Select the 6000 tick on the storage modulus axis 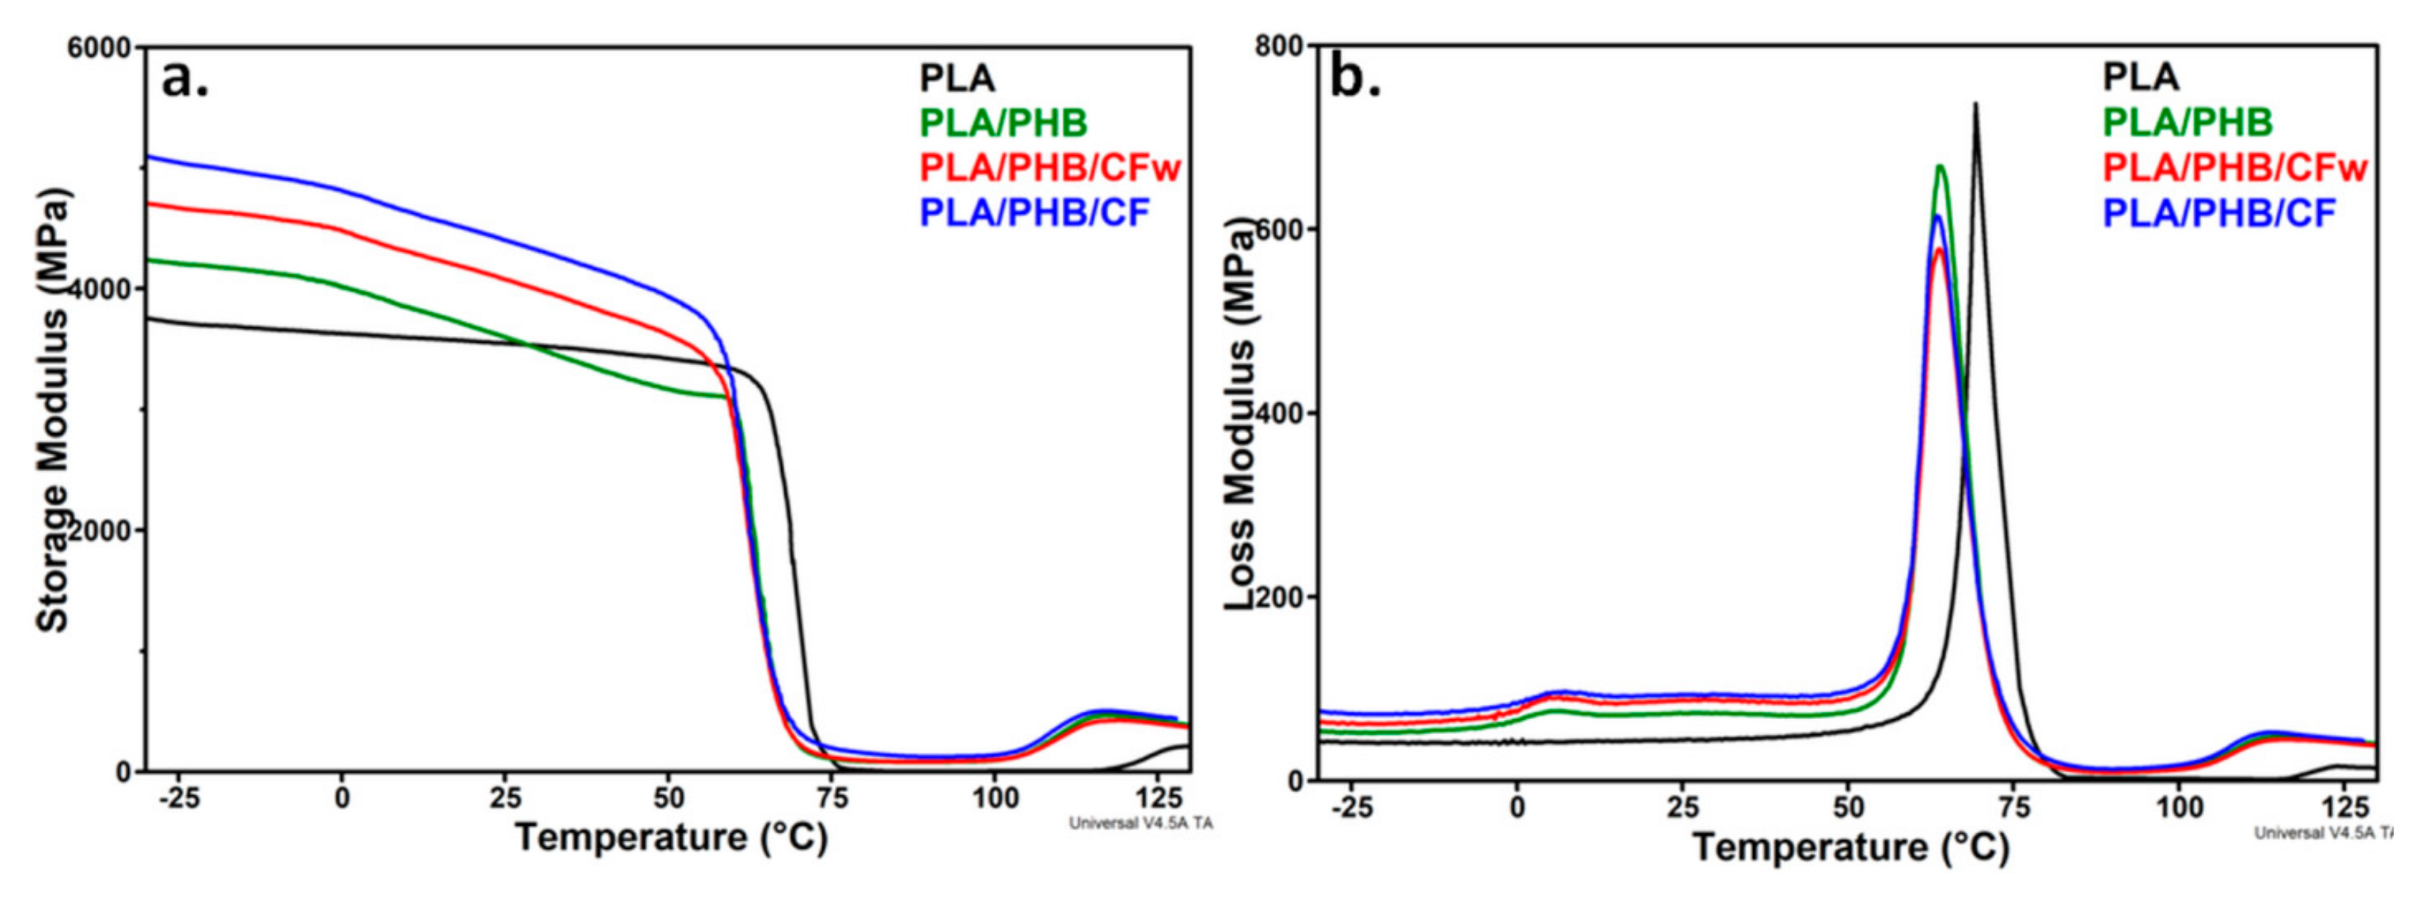(98, 47)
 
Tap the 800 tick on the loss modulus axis (1279, 46)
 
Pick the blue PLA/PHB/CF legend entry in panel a (1034, 212)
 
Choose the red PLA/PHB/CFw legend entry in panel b (2234, 168)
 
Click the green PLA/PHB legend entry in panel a (1003, 122)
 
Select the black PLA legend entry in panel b (2140, 76)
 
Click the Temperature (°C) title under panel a (671, 837)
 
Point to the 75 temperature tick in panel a (832, 798)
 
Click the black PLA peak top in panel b (1975, 104)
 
